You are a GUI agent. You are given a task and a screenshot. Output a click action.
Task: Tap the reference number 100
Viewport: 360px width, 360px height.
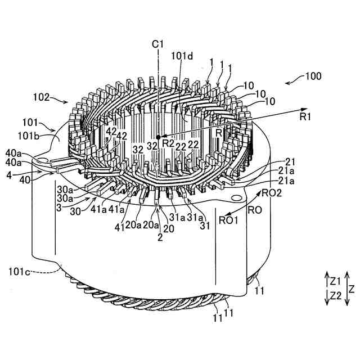pyautogui.click(x=313, y=75)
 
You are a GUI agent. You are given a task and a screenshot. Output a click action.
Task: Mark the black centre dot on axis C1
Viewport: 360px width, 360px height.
pyautogui.click(x=159, y=136)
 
